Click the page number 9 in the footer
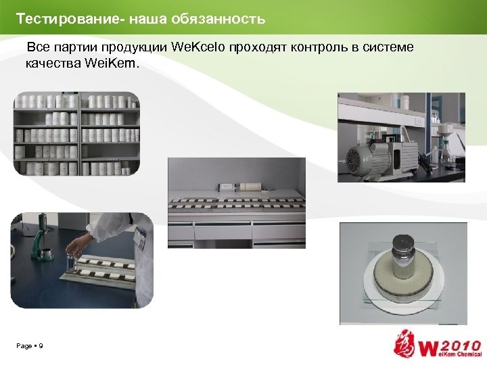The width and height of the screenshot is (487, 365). click(x=41, y=346)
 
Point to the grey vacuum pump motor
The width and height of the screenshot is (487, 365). click(x=367, y=157)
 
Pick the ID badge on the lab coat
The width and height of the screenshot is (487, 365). click(x=141, y=236)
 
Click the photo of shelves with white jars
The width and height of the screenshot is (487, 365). click(x=76, y=134)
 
